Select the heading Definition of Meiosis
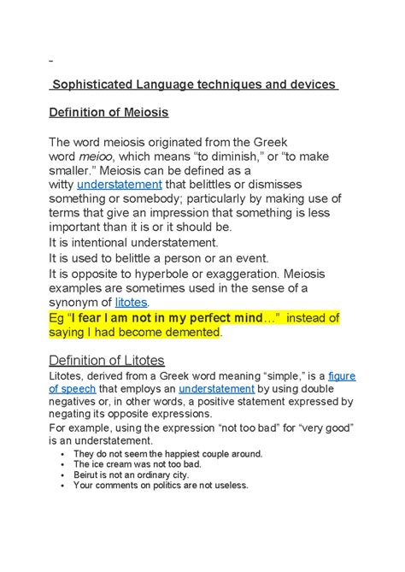pyautogui.click(x=108, y=112)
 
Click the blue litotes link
pyautogui.click(x=131, y=302)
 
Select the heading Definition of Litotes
pyautogui.click(x=106, y=360)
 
